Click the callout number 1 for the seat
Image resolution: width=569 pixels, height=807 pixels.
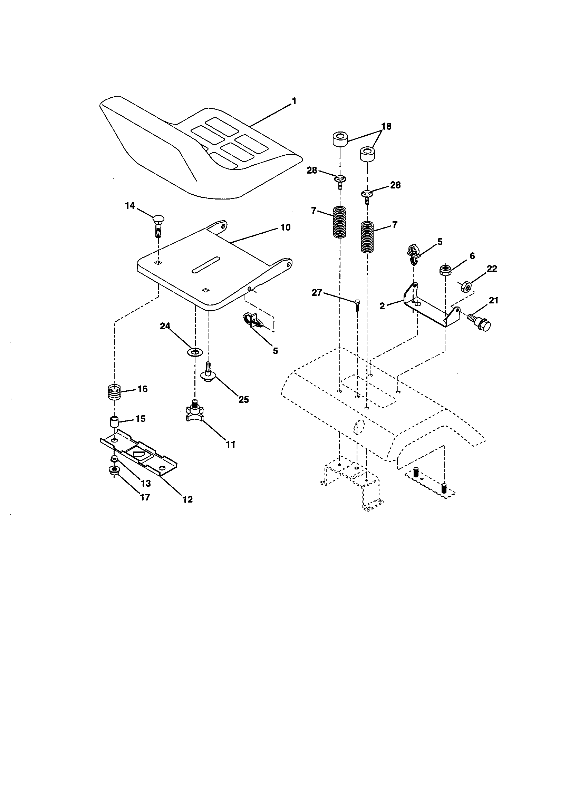point(294,101)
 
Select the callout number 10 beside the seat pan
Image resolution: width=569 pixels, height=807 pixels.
point(286,227)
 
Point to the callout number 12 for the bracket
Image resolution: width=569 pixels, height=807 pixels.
point(188,499)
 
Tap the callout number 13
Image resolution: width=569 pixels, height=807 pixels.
point(146,484)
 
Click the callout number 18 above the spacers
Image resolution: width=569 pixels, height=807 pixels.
point(386,126)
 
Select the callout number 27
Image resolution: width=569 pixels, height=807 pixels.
point(317,292)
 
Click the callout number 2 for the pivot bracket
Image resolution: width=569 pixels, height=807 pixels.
point(382,305)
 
